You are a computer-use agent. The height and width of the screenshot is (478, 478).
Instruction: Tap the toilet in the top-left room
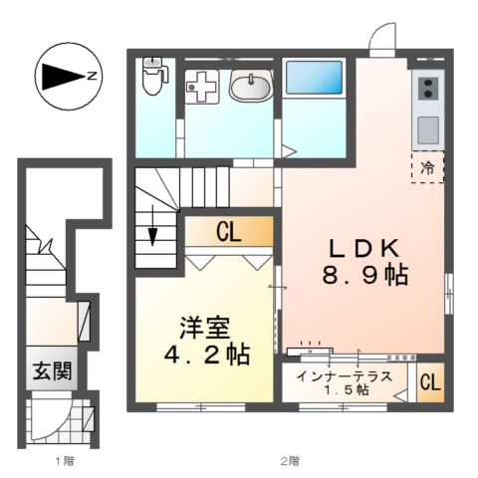(152, 75)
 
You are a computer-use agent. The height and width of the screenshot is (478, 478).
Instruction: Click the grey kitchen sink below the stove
(428, 128)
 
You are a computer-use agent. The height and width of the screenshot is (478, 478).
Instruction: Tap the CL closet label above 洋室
(228, 233)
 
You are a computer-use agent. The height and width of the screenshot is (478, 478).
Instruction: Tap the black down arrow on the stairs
(153, 236)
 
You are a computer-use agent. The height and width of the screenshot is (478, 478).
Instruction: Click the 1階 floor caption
(63, 461)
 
